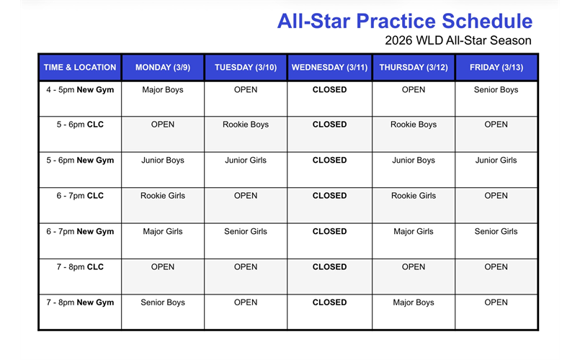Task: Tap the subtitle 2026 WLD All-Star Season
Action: click(458, 40)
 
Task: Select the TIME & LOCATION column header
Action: click(79, 67)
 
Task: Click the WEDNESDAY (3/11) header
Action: click(329, 67)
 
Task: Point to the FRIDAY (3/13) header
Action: click(496, 67)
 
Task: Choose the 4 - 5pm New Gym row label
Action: click(79, 90)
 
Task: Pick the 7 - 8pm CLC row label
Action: click(79, 267)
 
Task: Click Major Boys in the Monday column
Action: click(163, 90)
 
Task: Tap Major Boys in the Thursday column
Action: click(414, 302)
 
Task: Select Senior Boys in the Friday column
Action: click(496, 90)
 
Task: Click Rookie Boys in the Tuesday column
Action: click(246, 125)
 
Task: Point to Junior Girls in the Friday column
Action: click(496, 161)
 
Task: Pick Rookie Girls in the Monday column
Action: click(163, 196)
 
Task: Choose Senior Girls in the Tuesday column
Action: click(246, 232)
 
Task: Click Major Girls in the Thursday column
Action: click(414, 232)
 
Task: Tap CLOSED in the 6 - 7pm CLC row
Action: click(329, 196)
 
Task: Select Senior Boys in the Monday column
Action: click(163, 302)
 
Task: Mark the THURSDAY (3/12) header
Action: click(414, 67)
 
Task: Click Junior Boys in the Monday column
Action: click(163, 161)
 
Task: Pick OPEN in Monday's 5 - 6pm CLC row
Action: click(163, 125)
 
